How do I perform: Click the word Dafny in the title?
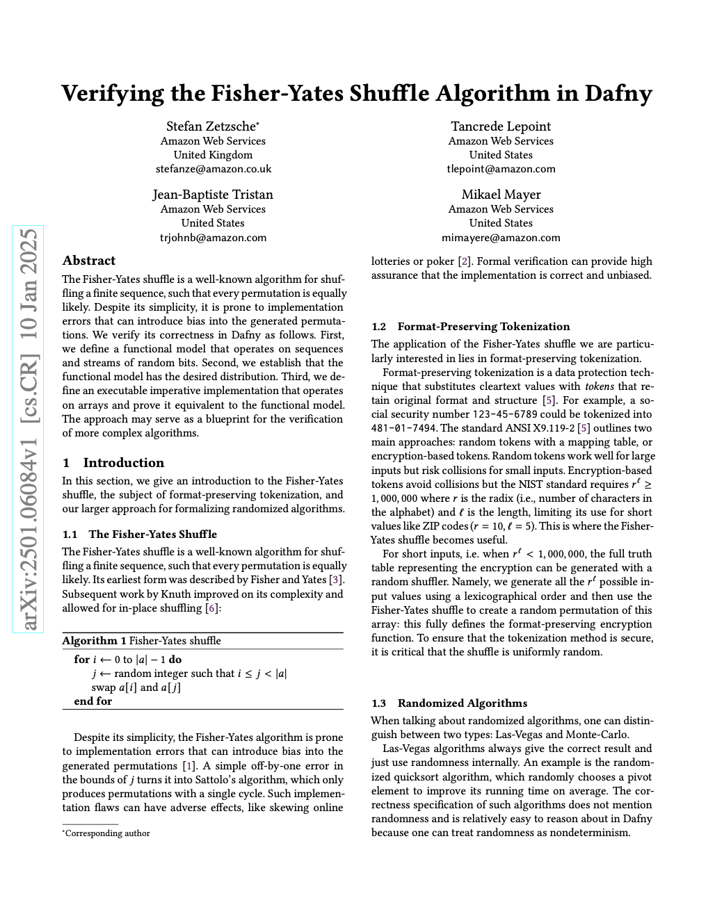(x=618, y=93)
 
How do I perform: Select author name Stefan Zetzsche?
(x=212, y=126)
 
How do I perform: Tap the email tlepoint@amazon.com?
(x=501, y=169)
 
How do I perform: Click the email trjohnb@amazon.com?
(x=213, y=237)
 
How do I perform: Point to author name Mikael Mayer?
(x=501, y=195)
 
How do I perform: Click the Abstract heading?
(x=89, y=261)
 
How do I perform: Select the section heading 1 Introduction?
(x=113, y=463)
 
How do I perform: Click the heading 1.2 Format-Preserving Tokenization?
(x=470, y=327)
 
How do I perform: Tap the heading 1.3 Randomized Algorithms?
(x=449, y=703)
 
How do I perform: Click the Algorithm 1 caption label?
(x=94, y=641)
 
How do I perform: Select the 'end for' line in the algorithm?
(x=93, y=701)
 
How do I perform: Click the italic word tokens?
(x=600, y=386)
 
